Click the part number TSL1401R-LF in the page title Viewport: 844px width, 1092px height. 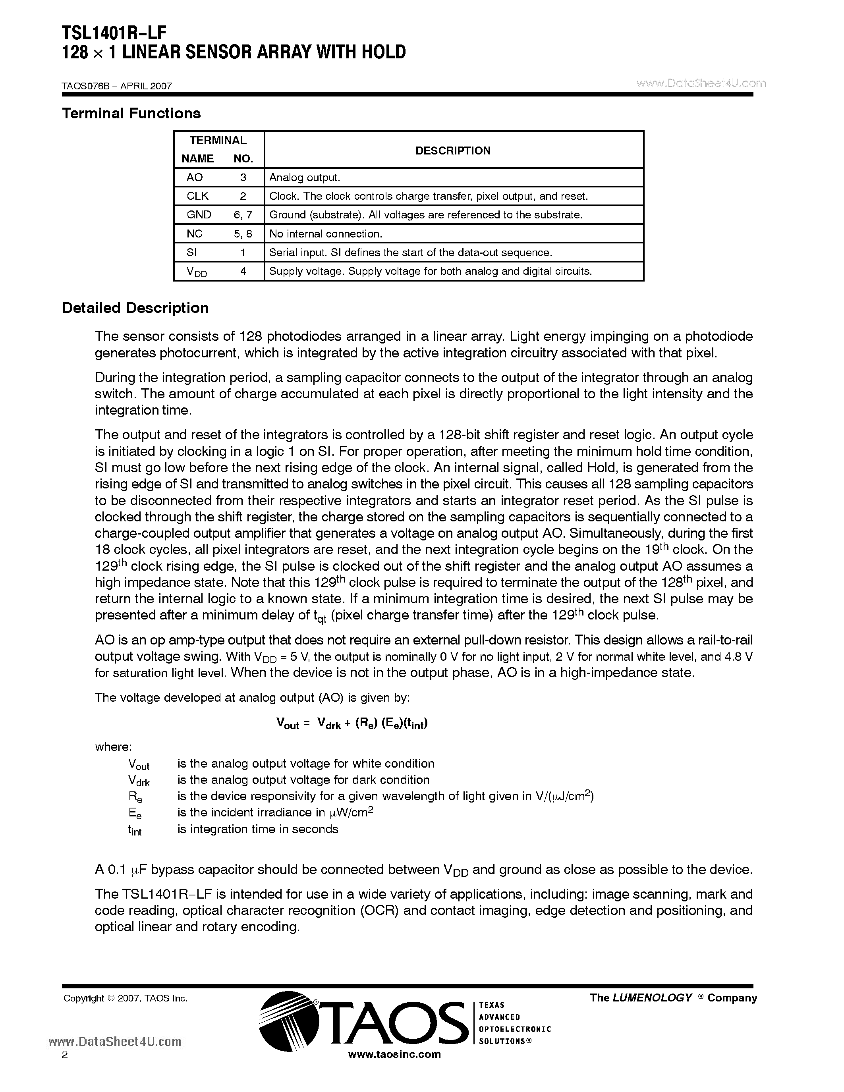(114, 33)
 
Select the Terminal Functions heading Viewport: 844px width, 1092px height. (131, 114)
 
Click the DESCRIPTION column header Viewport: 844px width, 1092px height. (453, 150)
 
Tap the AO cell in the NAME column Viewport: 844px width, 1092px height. (195, 177)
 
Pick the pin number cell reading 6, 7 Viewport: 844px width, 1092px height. (243, 215)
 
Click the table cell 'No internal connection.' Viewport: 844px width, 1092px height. (326, 234)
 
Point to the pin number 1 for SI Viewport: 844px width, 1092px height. (243, 253)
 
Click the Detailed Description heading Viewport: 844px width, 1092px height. (135, 308)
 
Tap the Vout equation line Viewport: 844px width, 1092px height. (352, 723)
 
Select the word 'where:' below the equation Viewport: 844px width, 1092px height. (113, 747)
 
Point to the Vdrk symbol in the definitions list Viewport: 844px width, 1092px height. (139, 781)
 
